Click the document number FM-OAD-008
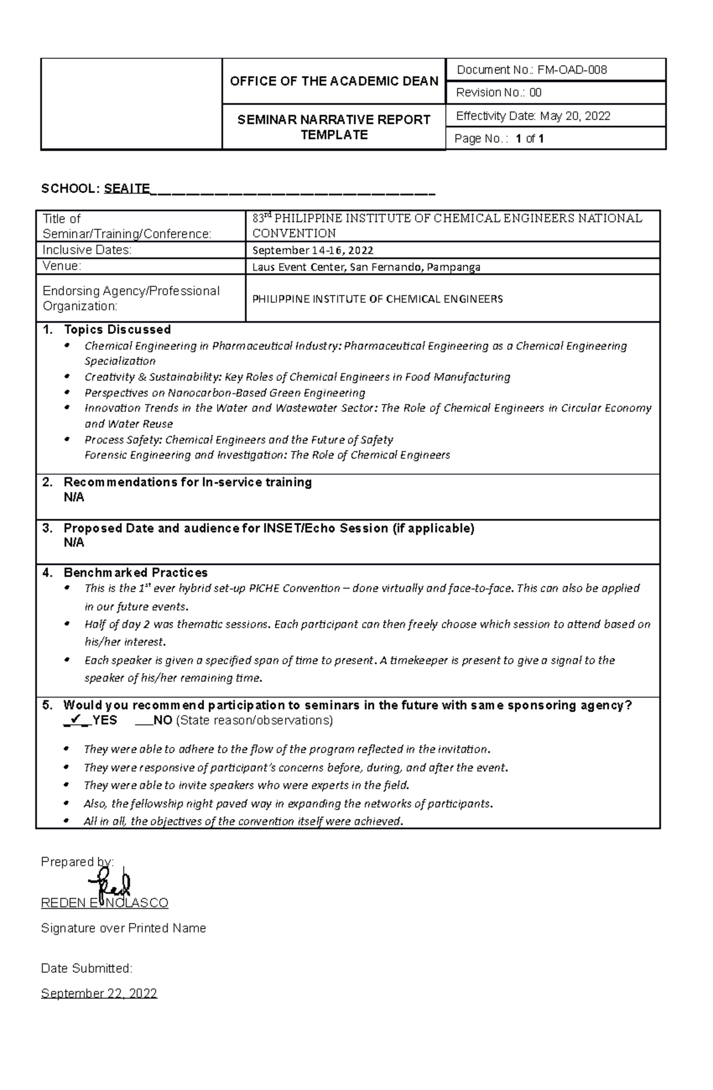(x=572, y=70)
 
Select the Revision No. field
(x=499, y=93)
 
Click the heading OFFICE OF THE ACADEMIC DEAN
(x=334, y=81)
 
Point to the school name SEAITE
(x=127, y=189)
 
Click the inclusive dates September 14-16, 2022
(x=313, y=251)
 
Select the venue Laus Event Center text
(x=366, y=267)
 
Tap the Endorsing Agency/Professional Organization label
(x=131, y=298)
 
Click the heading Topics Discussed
(x=117, y=330)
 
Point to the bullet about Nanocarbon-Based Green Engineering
(x=225, y=393)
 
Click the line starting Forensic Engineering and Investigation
(x=267, y=455)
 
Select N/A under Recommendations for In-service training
(x=74, y=498)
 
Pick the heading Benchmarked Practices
(x=135, y=573)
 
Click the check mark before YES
(x=75, y=720)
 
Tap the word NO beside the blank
(x=163, y=721)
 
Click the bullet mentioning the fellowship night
(x=288, y=804)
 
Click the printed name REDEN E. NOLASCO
(x=105, y=903)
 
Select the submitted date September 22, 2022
(x=99, y=994)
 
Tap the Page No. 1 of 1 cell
(x=499, y=139)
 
